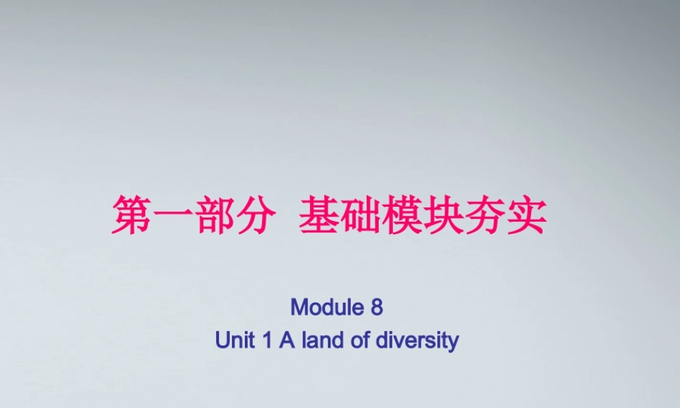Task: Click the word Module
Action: coord(327,307)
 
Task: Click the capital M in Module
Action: coord(299,307)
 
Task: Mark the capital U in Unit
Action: coord(222,340)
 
